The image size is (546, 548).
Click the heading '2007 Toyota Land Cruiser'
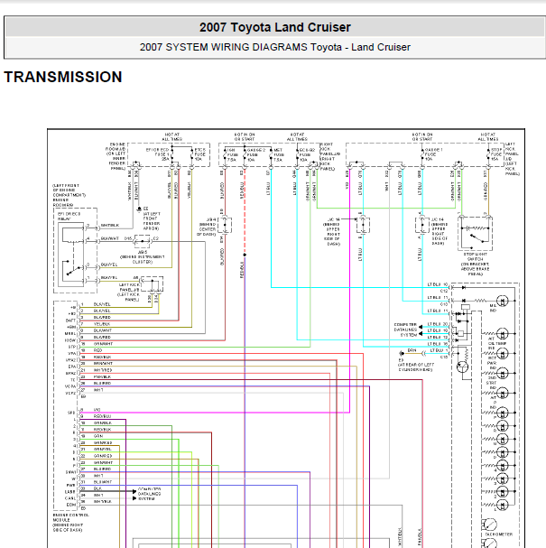(x=274, y=28)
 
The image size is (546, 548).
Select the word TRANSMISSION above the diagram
(x=63, y=78)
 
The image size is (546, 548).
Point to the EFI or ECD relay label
(x=69, y=216)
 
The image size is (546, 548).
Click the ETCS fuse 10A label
(x=199, y=153)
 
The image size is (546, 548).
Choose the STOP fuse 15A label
(x=495, y=153)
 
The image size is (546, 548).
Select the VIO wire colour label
(x=97, y=411)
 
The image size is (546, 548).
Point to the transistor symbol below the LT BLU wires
(x=461, y=367)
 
